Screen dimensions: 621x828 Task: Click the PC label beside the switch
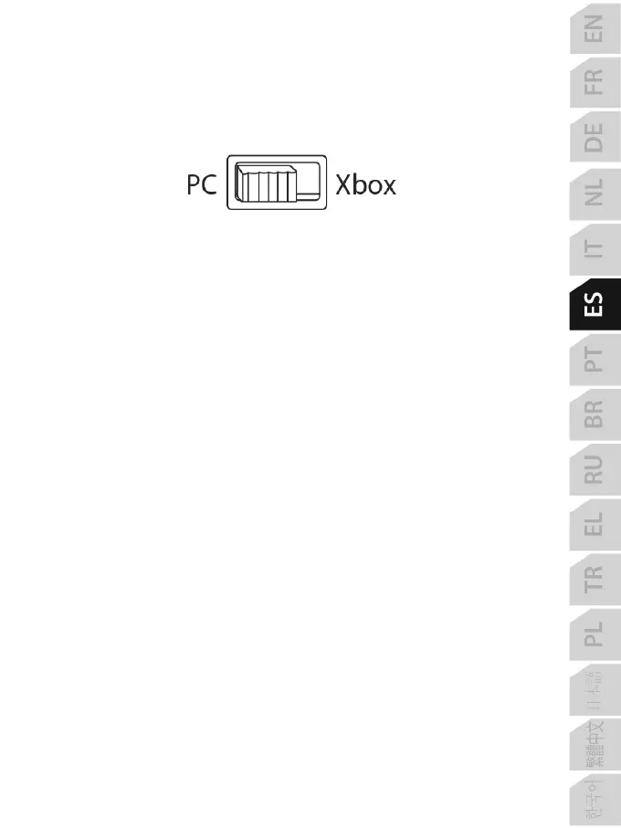(201, 185)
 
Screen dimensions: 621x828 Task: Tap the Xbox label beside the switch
(365, 185)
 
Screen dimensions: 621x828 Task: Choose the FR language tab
(594, 84)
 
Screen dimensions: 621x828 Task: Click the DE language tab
(594, 139)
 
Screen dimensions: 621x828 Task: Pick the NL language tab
(594, 194)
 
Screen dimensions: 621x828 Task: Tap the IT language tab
(594, 248)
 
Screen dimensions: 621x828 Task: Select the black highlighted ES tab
(594, 303)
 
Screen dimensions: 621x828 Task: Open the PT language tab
(594, 358)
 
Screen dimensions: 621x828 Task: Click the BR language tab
(594, 413)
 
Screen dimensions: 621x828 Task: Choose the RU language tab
(594, 467)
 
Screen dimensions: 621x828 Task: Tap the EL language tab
(594, 522)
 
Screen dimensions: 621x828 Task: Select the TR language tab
(594, 577)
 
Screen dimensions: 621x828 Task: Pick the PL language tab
(594, 632)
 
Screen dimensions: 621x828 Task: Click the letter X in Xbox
(344, 185)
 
